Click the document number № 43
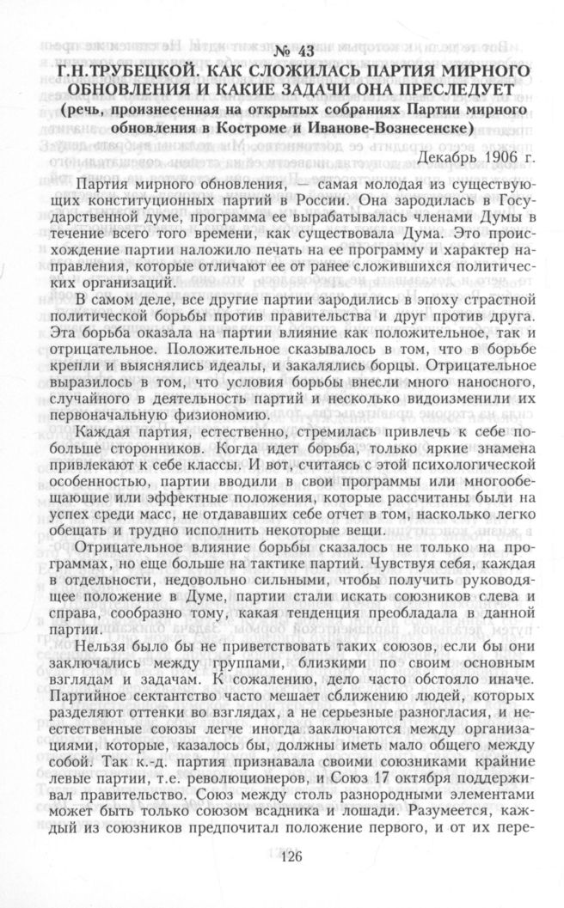pos(282,49)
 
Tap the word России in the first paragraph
pos(342,204)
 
